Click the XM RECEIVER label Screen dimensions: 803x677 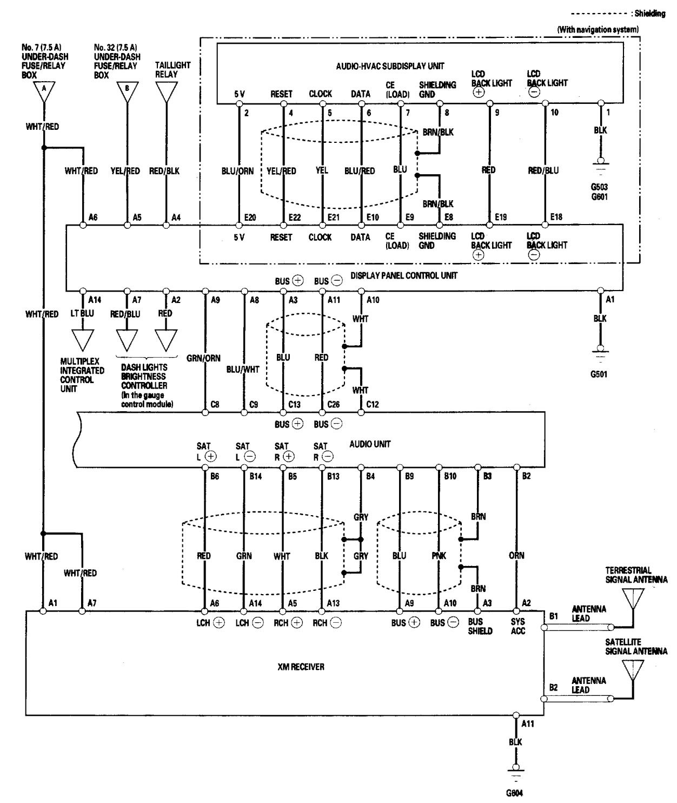click(x=301, y=667)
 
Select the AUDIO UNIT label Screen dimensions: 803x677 click(x=370, y=444)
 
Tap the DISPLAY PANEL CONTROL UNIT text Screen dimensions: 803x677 click(x=403, y=275)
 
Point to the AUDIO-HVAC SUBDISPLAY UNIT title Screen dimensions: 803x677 click(x=390, y=66)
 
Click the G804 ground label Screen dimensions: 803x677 click(x=515, y=795)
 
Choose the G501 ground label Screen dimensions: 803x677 click(x=599, y=374)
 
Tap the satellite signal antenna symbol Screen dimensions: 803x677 click(x=631, y=670)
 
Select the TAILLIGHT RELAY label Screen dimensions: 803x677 click(x=166, y=70)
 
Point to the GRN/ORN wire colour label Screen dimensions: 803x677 click(x=205, y=358)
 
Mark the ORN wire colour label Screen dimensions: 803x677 click(x=516, y=555)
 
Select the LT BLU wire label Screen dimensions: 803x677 click(x=83, y=313)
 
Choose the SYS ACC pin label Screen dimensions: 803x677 click(x=517, y=627)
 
